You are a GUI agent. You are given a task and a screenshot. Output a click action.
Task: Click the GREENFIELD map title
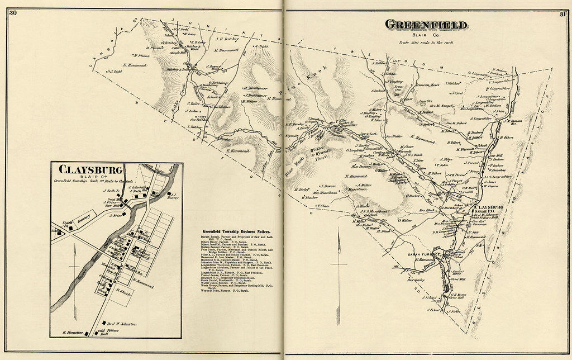tap(427, 25)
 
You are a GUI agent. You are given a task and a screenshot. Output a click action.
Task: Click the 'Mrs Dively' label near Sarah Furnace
tap(413, 280)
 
